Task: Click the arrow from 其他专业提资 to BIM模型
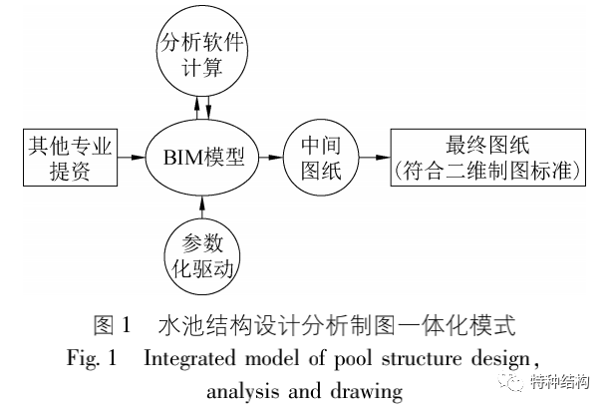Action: pyautogui.click(x=131, y=157)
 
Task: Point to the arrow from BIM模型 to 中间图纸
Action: pyautogui.click(x=270, y=157)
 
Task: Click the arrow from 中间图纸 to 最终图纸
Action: pyautogui.click(x=372, y=157)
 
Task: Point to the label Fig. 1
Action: pyautogui.click(x=94, y=358)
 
